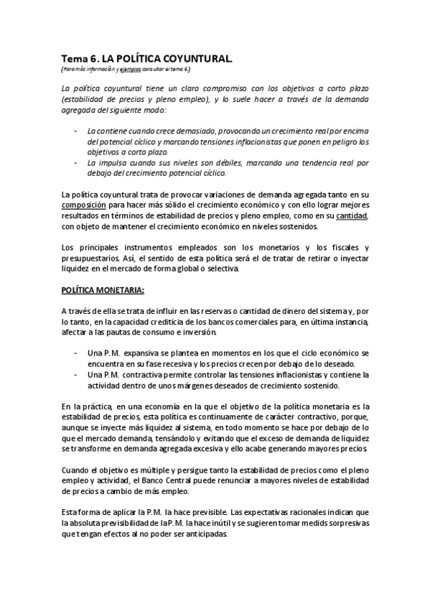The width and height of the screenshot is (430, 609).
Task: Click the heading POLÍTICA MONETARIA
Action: click(x=103, y=290)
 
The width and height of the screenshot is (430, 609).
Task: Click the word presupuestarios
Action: click(x=89, y=258)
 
